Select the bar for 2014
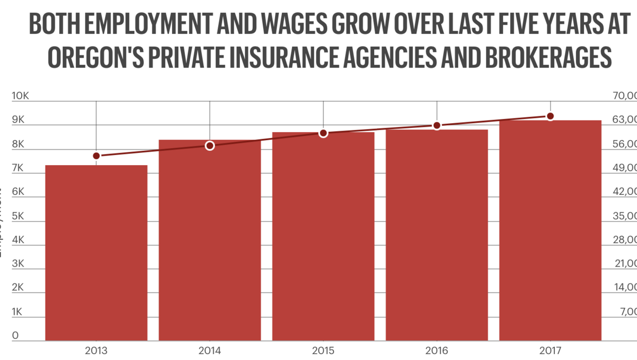click(x=210, y=240)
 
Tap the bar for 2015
click(x=323, y=236)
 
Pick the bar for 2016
click(x=436, y=235)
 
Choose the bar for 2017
click(x=550, y=230)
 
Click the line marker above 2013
click(x=96, y=156)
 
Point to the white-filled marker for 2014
click(x=210, y=145)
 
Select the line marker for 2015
click(x=323, y=133)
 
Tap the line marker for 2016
click(x=436, y=125)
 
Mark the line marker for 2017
click(x=550, y=116)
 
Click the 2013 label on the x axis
click(x=96, y=351)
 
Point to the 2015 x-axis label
click(x=323, y=351)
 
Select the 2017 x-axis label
click(x=550, y=351)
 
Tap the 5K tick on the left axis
click(x=19, y=216)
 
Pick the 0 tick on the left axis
click(x=16, y=336)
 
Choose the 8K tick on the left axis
click(x=19, y=144)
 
